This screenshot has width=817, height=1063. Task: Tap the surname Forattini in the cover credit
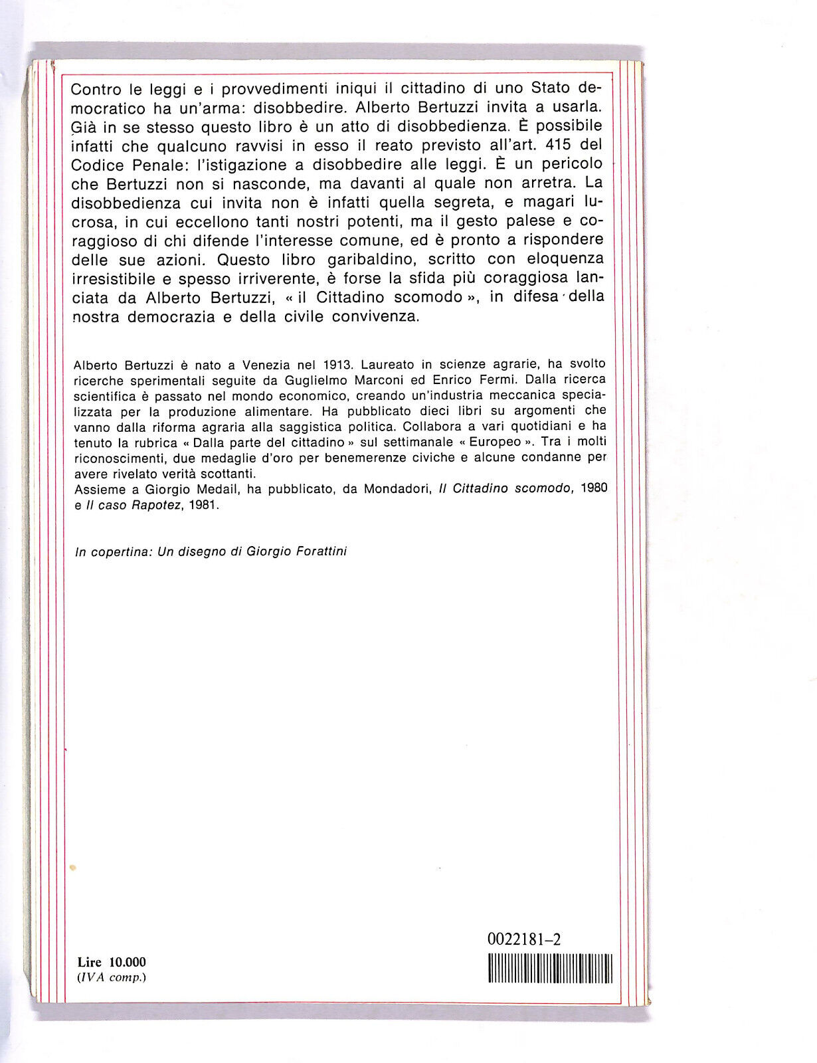321,551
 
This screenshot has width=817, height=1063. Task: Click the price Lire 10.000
111,962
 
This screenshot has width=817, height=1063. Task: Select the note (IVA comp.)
111,977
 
